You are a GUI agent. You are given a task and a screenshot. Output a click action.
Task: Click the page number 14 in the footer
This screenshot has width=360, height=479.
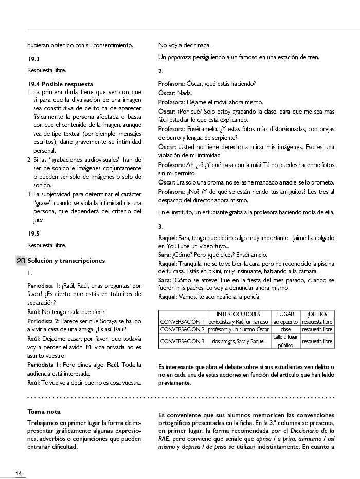coord(19,473)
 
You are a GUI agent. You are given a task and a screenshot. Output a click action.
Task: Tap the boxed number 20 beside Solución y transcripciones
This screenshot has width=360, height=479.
coord(21,261)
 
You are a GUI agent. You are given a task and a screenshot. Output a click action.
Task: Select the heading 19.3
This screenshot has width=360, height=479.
coord(34,59)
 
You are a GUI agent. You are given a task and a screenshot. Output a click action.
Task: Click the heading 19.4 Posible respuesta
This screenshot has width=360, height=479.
coord(61,84)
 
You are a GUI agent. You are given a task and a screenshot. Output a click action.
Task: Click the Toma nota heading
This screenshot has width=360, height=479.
coord(44,412)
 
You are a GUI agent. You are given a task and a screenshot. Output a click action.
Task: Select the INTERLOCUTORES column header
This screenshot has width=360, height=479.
coord(238,314)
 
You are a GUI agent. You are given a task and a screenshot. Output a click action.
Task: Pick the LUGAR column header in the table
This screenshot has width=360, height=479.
coord(285,314)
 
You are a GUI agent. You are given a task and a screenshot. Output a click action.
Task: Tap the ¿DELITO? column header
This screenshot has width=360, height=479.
coord(317,314)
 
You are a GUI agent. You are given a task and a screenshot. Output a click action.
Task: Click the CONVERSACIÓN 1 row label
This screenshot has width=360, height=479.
coord(183,322)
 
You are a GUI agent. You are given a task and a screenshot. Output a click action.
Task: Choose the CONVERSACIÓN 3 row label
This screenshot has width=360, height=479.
coord(183,341)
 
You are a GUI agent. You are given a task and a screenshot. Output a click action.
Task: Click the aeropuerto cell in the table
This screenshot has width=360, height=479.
coord(285,322)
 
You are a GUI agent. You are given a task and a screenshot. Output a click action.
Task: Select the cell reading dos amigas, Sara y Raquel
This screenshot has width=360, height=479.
coord(238,341)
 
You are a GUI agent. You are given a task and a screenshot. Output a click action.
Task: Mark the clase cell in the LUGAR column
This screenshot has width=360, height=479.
coord(285,329)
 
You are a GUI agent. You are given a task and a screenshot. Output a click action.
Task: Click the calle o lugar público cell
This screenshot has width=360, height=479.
coord(285,341)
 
